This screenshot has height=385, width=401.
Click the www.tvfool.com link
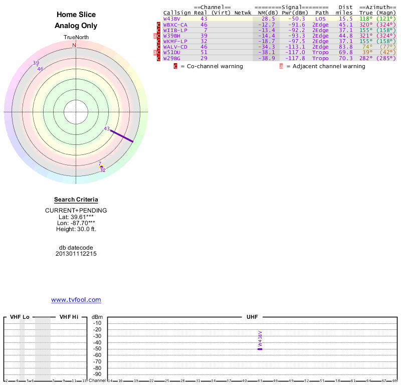76,300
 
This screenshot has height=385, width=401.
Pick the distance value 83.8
344,47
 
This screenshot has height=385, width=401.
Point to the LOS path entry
320,19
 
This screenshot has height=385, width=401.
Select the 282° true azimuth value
366,58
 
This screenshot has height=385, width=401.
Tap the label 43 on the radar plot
107,129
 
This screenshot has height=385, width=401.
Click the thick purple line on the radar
122,136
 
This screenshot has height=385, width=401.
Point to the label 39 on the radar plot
36,63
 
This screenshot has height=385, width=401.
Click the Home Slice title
76,15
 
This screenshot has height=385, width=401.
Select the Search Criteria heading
76,200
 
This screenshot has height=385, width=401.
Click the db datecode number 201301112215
76,254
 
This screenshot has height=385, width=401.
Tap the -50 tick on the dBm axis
97,349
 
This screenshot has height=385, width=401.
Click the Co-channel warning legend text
212,66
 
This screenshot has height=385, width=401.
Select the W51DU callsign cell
171,52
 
